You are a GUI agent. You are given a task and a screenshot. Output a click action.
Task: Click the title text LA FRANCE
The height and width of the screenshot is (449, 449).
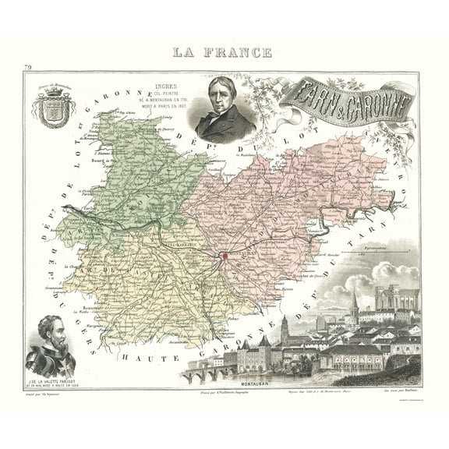224,54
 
